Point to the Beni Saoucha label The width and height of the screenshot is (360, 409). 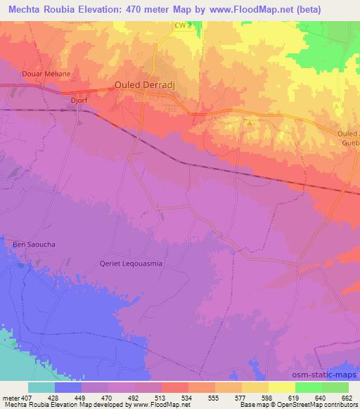33,244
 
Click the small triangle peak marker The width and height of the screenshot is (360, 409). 248,122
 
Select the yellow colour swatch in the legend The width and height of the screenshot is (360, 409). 281,387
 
